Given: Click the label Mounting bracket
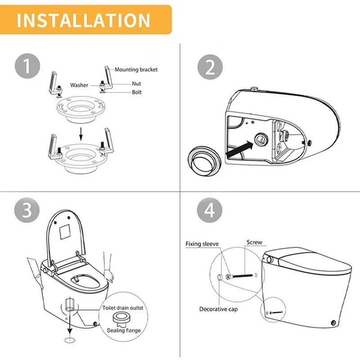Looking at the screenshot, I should pyautogui.click(x=136, y=70).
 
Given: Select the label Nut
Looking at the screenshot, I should pyautogui.click(x=136, y=84).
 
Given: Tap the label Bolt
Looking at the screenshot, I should pyautogui.click(x=136, y=92).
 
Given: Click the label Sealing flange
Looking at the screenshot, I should pyautogui.click(x=124, y=331).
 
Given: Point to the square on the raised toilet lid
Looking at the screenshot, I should pyautogui.click(x=67, y=231).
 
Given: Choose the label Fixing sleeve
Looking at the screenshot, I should pyautogui.click(x=202, y=244).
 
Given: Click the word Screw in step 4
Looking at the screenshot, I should pyautogui.click(x=254, y=243).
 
